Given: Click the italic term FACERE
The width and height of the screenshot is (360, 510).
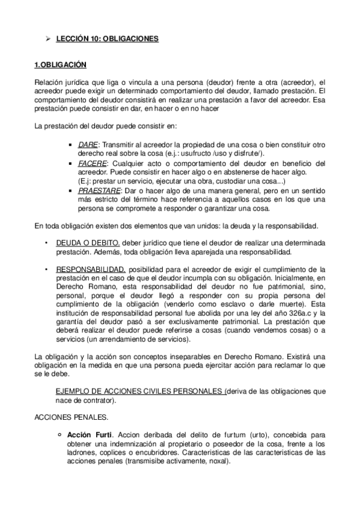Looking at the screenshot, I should pos(92,163).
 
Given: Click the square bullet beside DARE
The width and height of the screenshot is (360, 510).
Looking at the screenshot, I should pos(72,146).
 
